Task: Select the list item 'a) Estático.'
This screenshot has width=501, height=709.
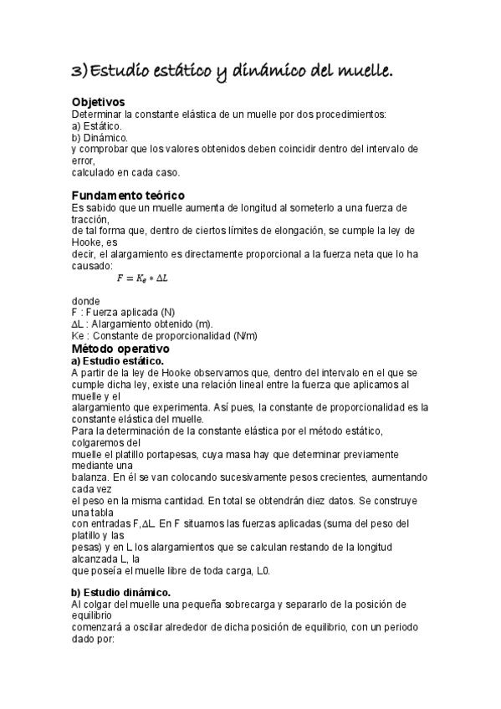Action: (x=96, y=125)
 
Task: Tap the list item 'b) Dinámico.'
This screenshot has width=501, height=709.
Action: (x=99, y=137)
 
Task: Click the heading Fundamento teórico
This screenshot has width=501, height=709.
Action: (x=127, y=195)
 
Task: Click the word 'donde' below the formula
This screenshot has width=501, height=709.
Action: (x=85, y=300)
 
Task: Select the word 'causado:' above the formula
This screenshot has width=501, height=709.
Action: (x=91, y=265)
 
